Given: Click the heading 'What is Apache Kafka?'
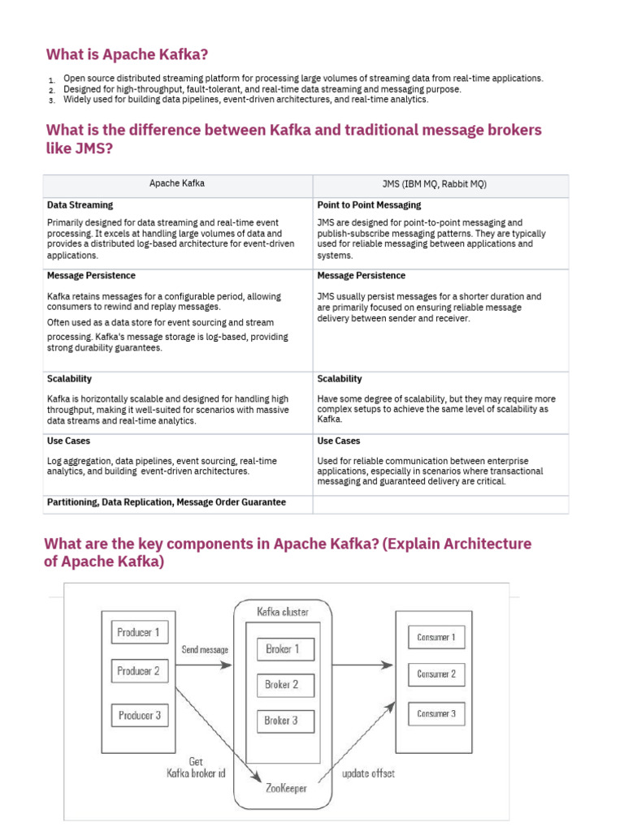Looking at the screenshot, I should (x=128, y=55).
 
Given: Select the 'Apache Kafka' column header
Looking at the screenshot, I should (x=177, y=183).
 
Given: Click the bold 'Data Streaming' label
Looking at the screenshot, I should (x=80, y=205).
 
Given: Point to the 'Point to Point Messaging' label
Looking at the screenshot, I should (x=369, y=205).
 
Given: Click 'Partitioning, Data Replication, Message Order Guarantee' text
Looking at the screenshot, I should (x=167, y=502).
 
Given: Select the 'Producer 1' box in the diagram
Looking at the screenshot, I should (x=138, y=632).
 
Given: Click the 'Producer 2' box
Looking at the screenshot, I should (x=138, y=671).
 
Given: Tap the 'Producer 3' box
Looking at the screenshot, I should (x=138, y=715).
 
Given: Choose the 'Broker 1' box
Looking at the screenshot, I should (x=282, y=649).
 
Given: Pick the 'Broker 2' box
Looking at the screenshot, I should (x=282, y=685).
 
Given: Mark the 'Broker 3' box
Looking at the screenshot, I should (x=282, y=721).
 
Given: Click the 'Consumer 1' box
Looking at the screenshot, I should (x=436, y=637).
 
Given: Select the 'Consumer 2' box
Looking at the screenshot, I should (x=436, y=674).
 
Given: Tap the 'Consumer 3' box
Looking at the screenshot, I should (x=436, y=714).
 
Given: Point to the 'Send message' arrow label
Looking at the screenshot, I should (x=205, y=650).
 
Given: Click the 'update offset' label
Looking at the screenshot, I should (x=368, y=773).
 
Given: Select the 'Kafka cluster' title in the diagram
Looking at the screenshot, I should (x=282, y=612).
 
